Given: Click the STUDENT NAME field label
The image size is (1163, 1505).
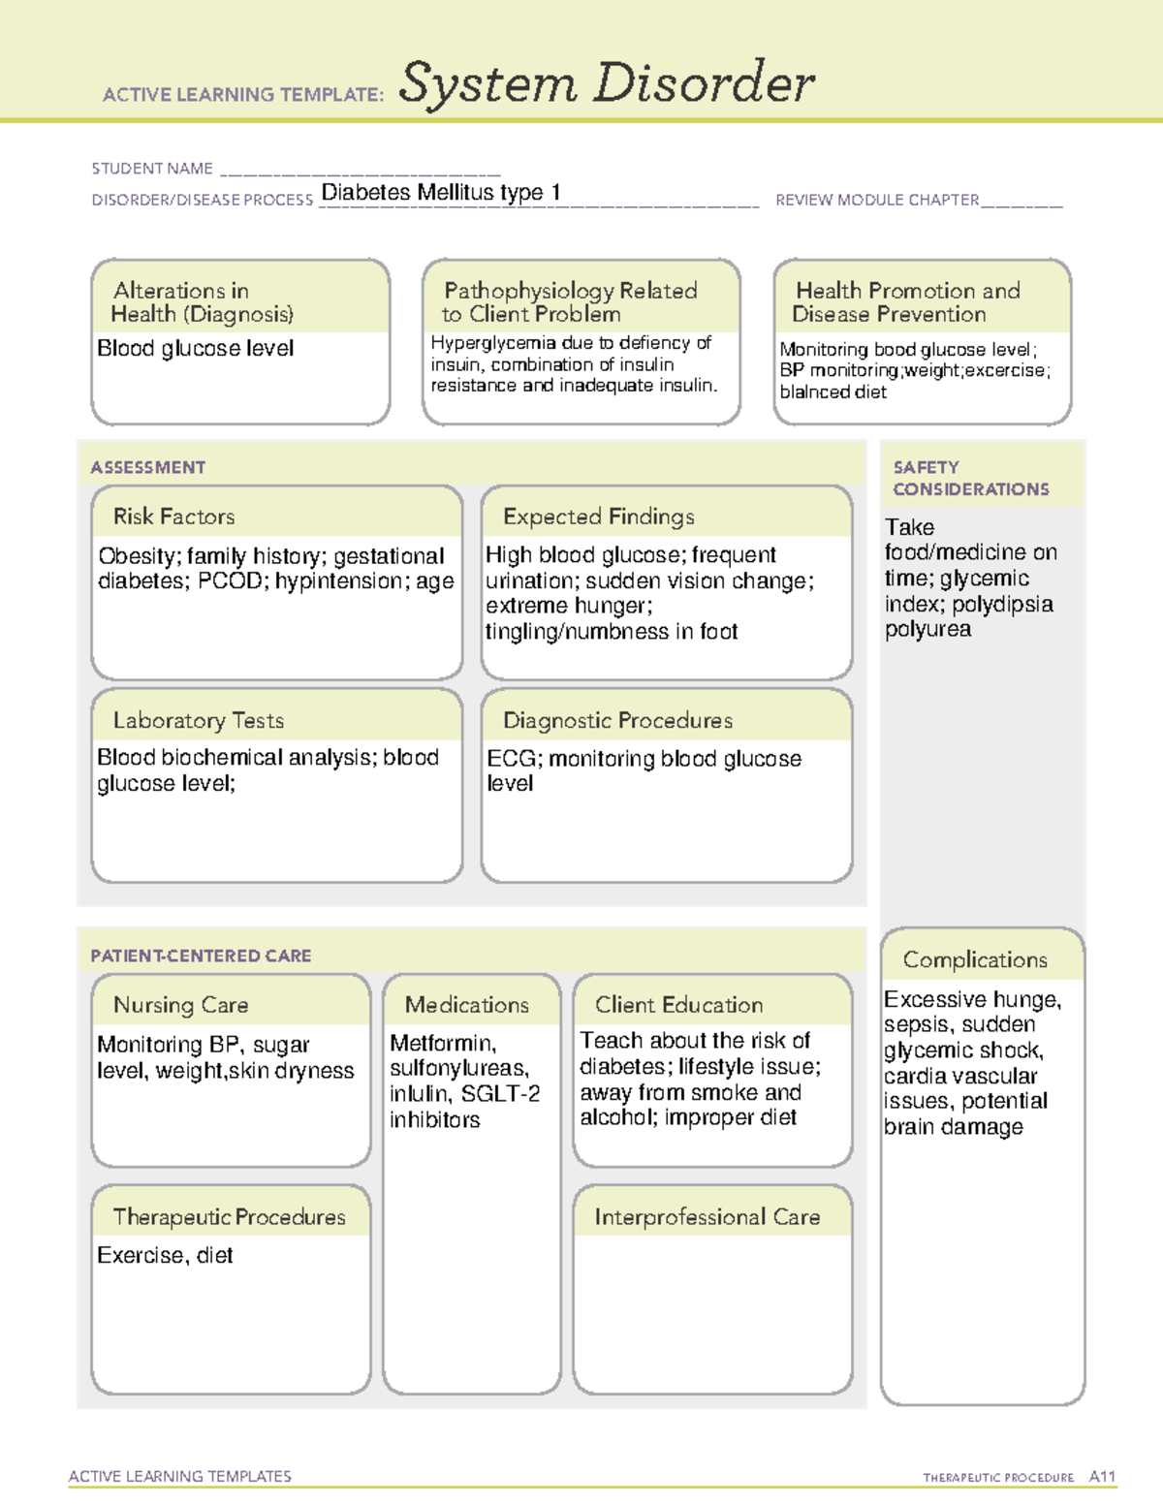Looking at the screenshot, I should coord(152,169).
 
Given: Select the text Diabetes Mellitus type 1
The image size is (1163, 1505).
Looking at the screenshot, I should coord(441,192).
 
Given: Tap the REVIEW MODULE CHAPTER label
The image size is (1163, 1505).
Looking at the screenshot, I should coord(877,200).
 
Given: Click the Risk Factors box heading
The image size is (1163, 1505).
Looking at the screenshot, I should coord(173,517).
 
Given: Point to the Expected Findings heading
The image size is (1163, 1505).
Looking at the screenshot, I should coord(598,517).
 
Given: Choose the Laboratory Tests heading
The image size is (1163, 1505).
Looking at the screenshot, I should coord(198,720).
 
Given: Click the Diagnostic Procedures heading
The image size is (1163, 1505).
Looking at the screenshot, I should coord(617,720).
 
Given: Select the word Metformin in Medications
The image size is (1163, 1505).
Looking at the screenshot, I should coord(442,1043).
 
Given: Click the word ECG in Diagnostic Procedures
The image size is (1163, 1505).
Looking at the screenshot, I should coord(510,758).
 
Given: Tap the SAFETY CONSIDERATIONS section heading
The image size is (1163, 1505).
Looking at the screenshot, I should coord(970,478).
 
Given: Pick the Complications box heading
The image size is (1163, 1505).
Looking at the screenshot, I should coord(975,959).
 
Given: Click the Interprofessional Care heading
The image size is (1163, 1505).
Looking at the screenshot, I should coord(707,1216).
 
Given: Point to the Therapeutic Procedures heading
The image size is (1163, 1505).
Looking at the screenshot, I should coord(229,1216).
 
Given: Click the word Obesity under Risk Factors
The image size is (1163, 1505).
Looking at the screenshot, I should coord(137,556).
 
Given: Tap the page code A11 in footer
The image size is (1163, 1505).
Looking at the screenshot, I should coord(1102,1476).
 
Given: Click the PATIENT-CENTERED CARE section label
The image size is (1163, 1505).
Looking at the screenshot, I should coord(201,956).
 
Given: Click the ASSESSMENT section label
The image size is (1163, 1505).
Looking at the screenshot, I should coord(147,467).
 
